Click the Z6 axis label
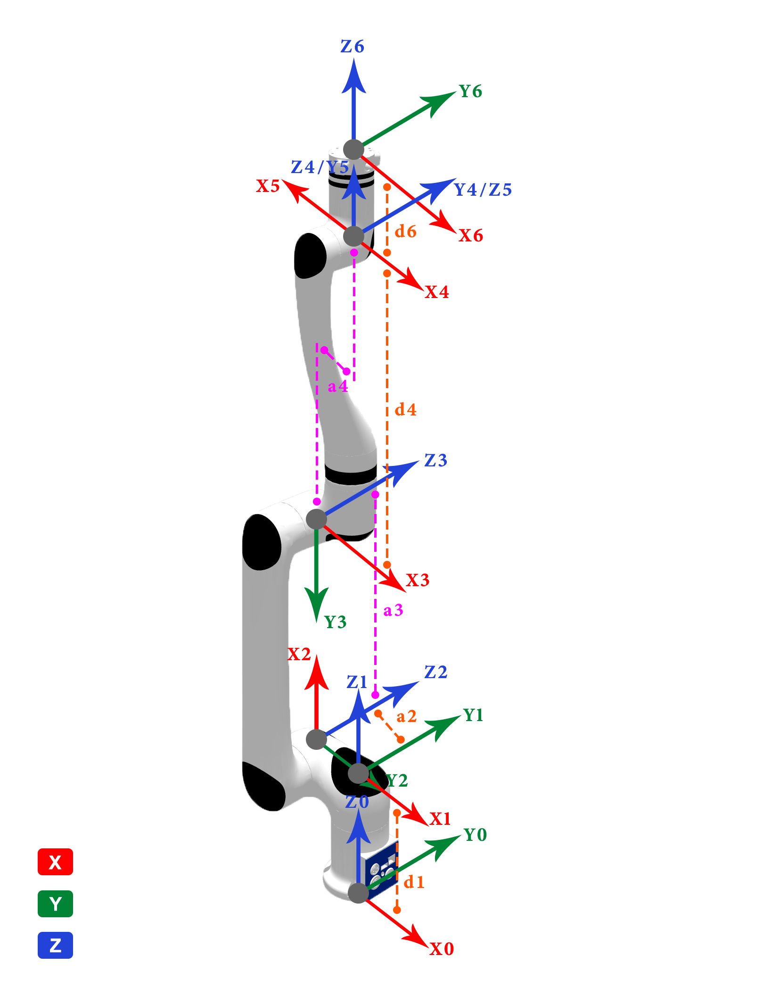click(x=352, y=47)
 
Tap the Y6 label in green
click(x=470, y=91)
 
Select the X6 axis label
click(x=471, y=235)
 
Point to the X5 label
click(x=268, y=186)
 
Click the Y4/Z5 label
click(x=483, y=190)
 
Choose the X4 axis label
click(x=437, y=292)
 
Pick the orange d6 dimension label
click(x=405, y=232)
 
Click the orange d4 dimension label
click(x=405, y=410)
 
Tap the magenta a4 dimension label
click(x=337, y=387)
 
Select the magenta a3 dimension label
click(x=393, y=611)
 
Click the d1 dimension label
click(x=414, y=882)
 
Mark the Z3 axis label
click(x=435, y=460)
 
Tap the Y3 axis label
click(x=335, y=622)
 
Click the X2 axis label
click(x=299, y=654)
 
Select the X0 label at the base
click(x=442, y=949)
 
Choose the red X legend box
click(x=55, y=862)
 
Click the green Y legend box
click(x=55, y=904)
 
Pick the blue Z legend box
click(x=55, y=945)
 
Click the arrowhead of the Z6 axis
click(x=353, y=75)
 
